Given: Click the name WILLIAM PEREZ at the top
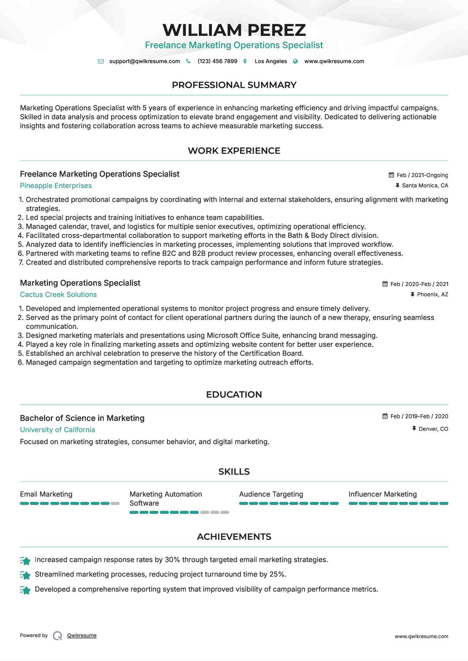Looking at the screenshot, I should click(234, 30).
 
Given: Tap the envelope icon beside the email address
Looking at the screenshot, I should click(101, 61).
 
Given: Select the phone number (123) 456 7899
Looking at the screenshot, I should click(217, 61).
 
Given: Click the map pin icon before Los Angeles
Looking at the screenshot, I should click(245, 61).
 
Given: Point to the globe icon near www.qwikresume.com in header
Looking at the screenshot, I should click(295, 61).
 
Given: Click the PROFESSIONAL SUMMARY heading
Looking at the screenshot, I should click(234, 85).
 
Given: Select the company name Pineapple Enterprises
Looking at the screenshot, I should click(56, 186).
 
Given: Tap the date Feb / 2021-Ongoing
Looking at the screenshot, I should click(422, 175).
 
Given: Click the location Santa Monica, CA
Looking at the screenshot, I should click(425, 185).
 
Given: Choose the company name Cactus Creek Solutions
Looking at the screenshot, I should click(58, 295).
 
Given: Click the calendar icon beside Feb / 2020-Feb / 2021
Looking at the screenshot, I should click(385, 284).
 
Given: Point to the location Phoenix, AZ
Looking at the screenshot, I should click(432, 294).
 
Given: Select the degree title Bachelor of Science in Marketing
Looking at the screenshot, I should click(82, 418).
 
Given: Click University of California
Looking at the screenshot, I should click(58, 430).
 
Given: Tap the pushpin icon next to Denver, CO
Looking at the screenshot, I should click(414, 429).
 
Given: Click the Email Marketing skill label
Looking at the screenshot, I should click(46, 494).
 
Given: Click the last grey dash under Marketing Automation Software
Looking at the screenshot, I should click(225, 512).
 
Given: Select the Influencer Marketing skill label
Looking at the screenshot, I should click(383, 494).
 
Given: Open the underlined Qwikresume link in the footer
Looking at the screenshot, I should click(82, 635).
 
